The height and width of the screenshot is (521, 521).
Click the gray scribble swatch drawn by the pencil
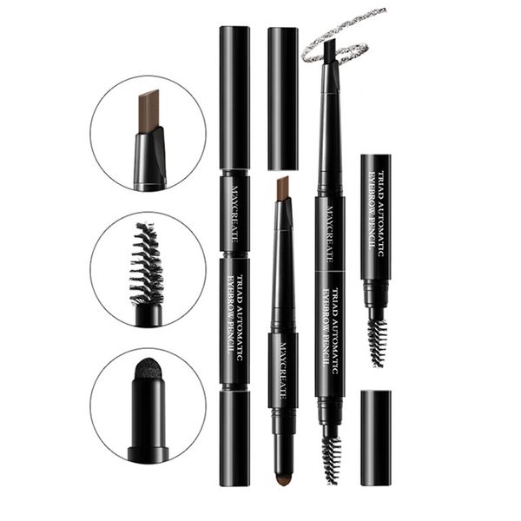342,36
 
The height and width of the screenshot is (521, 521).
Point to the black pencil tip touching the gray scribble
331,49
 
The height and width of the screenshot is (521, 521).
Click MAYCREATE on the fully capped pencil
234,214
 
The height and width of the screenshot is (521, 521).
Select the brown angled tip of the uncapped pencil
283,188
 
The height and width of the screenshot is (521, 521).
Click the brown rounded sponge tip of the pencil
283,478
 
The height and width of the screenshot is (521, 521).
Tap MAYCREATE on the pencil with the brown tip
283,371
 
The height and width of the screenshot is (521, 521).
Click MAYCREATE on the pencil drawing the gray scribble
330,234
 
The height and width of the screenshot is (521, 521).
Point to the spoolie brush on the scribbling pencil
331,460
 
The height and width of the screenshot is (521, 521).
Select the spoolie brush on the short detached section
378,343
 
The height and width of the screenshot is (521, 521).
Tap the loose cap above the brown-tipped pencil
283,99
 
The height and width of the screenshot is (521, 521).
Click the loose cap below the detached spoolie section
376,438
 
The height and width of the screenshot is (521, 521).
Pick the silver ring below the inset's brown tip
150,183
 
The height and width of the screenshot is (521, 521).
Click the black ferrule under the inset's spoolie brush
148,315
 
